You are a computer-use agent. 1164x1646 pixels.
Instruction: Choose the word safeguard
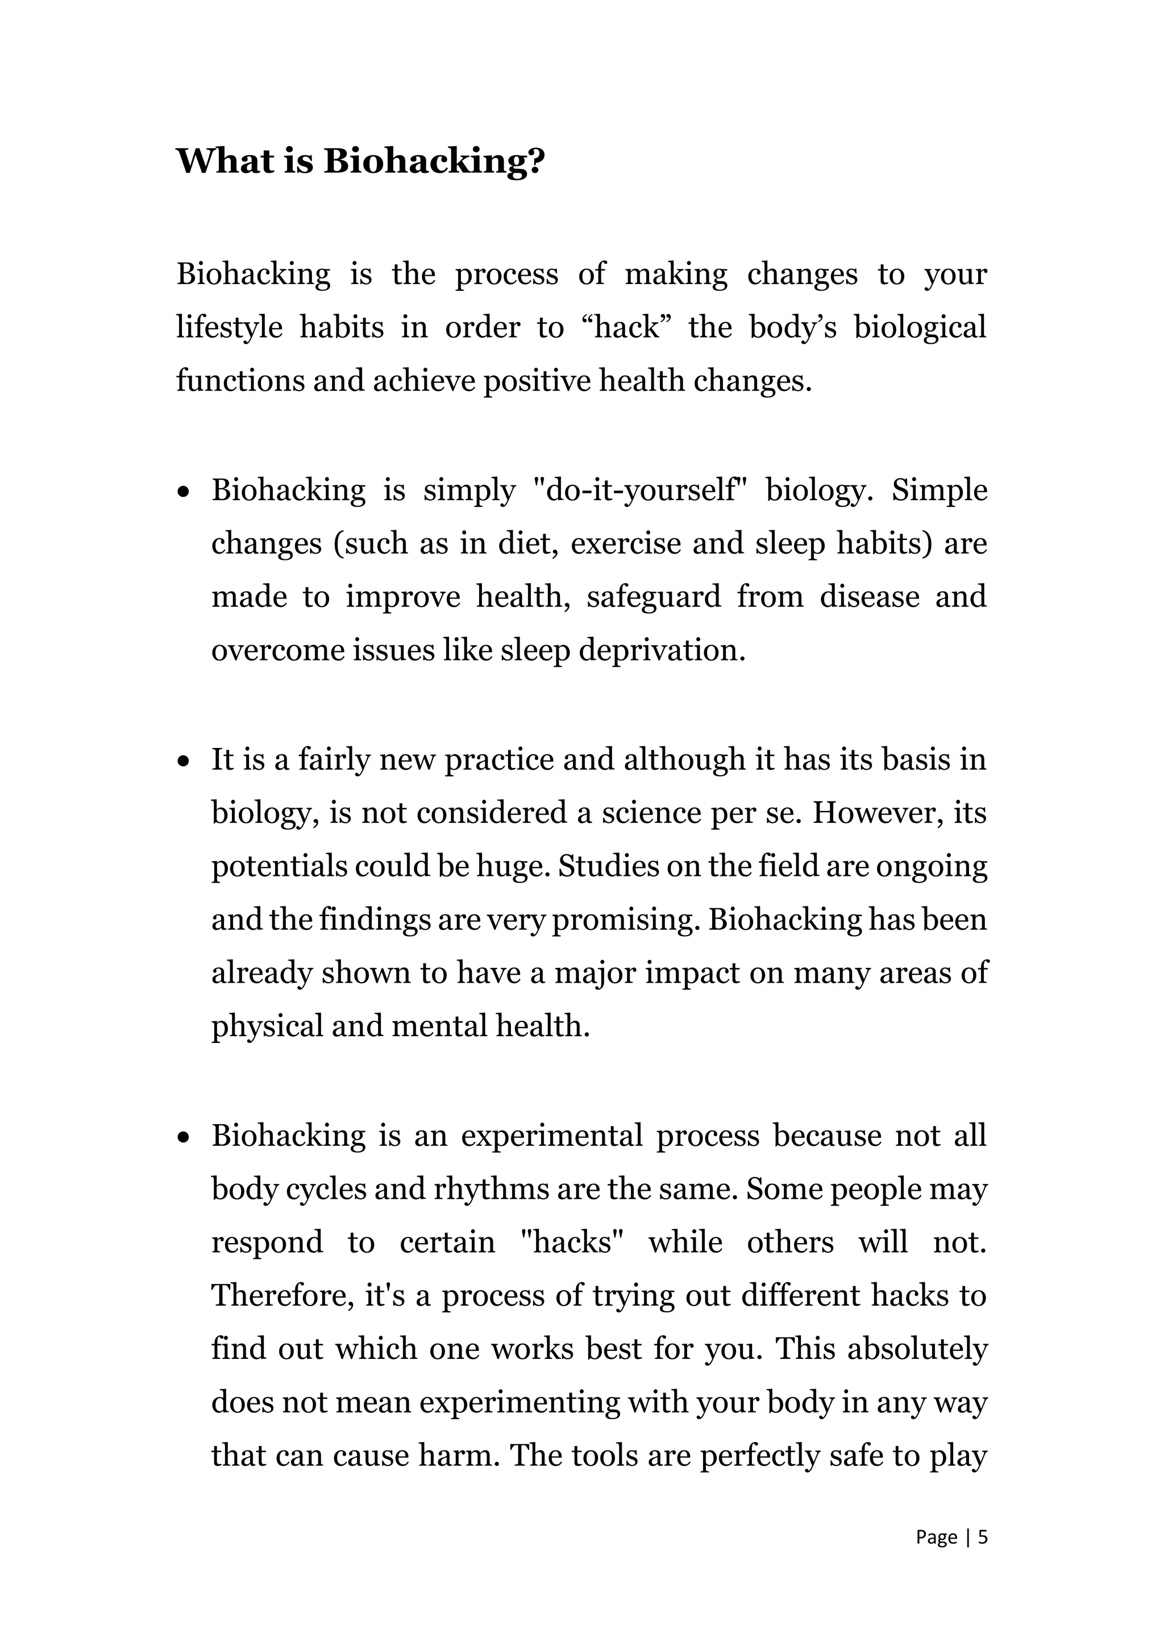pyautogui.click(x=653, y=597)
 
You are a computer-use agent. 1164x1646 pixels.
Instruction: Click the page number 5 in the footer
pyautogui.click(x=983, y=1537)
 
